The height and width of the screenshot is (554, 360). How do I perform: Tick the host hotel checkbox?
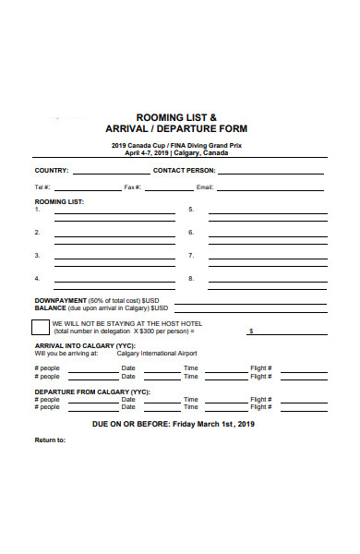click(x=41, y=327)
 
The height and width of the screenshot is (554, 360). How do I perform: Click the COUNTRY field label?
click(x=52, y=171)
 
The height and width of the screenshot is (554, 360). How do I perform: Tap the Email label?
click(x=205, y=187)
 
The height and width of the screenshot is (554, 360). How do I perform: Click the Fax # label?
click(x=131, y=187)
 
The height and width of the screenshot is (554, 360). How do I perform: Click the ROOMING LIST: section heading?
click(x=60, y=200)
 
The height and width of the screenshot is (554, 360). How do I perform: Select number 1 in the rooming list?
click(x=38, y=210)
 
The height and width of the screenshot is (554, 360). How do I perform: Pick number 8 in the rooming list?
click(x=191, y=278)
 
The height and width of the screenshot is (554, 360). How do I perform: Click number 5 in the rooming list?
click(x=191, y=210)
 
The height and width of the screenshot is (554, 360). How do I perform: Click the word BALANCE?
click(x=50, y=308)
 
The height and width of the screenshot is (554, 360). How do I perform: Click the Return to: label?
click(x=50, y=440)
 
